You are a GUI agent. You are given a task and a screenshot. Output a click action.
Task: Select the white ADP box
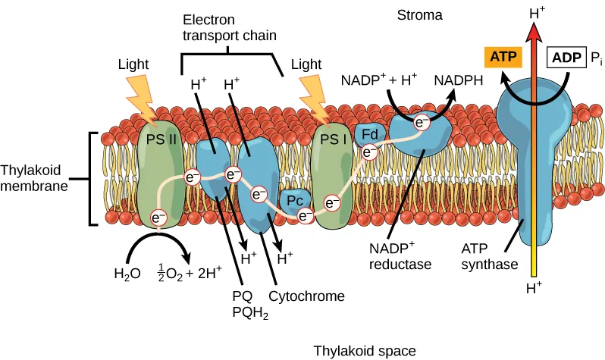point(566,58)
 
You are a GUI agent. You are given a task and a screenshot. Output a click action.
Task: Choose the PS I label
point(329,139)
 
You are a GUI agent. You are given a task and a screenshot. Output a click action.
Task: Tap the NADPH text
point(459,79)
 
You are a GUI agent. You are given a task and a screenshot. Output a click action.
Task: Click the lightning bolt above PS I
point(314,98)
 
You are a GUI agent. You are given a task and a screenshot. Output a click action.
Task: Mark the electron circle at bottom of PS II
point(158,217)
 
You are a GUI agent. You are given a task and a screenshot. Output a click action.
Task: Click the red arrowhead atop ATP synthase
point(535,28)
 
